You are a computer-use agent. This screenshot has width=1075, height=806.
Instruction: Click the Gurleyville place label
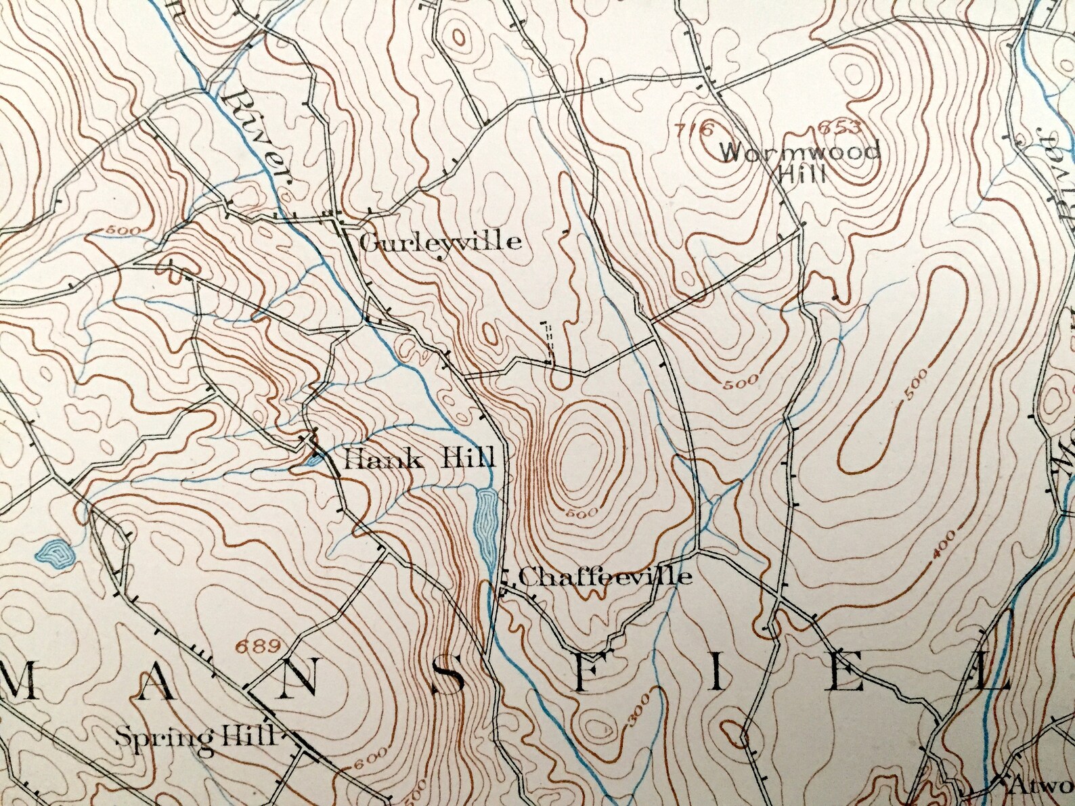441,242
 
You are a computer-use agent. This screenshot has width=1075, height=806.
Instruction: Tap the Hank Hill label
420,460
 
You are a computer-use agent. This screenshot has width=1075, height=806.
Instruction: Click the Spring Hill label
196,735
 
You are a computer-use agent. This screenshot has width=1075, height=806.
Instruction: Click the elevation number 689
257,646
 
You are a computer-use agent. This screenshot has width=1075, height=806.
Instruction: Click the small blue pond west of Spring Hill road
53,553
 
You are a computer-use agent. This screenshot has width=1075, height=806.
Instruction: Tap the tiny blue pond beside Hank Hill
313,461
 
